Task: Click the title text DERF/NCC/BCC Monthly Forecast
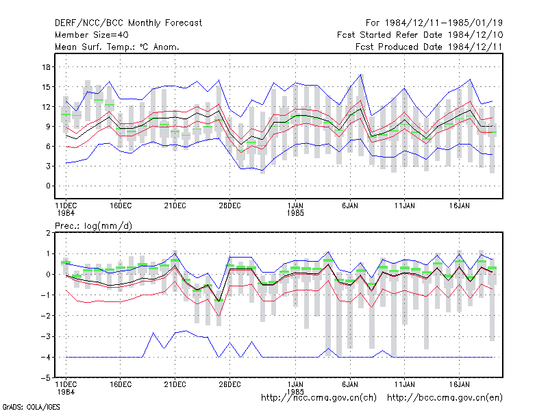[x=128, y=23]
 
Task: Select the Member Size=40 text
[x=92, y=35]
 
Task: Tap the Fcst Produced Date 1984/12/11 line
[x=429, y=47]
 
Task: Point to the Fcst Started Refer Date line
[x=420, y=35]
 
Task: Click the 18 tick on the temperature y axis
[x=47, y=67]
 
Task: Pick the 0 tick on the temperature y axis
[x=48, y=186]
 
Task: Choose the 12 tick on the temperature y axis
[x=47, y=107]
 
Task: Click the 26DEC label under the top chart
[x=229, y=206]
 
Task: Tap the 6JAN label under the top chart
[x=350, y=206]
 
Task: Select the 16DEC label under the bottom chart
[x=121, y=384]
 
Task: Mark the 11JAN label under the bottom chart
[x=404, y=384]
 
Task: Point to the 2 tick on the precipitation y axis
[x=48, y=233]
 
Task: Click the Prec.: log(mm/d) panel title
[x=93, y=226]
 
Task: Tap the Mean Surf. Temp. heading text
[x=116, y=47]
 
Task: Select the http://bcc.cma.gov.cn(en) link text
[x=445, y=398]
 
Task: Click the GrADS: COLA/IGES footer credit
[x=31, y=407]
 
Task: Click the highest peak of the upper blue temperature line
[x=361, y=75]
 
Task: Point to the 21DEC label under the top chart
[x=175, y=206]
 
